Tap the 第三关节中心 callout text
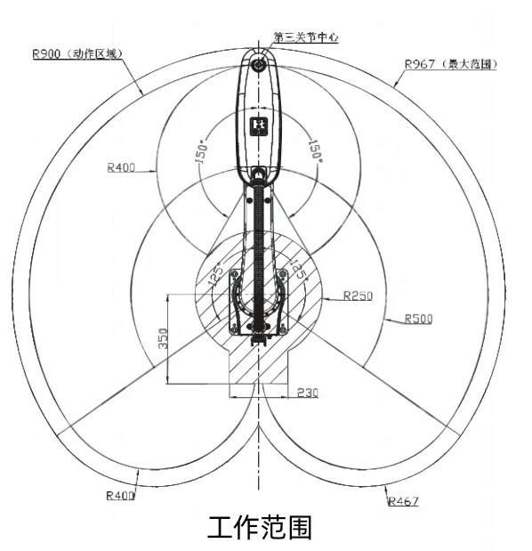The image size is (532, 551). [306, 36]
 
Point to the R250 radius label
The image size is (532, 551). [358, 296]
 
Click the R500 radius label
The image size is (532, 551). [419, 319]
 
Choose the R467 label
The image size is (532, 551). [404, 501]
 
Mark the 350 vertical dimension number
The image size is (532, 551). [163, 338]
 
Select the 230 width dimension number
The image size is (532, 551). [308, 393]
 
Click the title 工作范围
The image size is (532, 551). [260, 527]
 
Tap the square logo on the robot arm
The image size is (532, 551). [259, 127]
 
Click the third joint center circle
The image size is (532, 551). [259, 65]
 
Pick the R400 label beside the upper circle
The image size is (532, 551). [121, 167]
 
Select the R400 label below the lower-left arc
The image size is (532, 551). [120, 496]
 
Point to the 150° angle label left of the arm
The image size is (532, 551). [201, 152]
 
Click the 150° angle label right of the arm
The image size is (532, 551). [315, 151]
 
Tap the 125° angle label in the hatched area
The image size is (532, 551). [215, 274]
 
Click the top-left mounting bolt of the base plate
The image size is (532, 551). [234, 274]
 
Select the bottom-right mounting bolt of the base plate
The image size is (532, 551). [282, 330]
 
